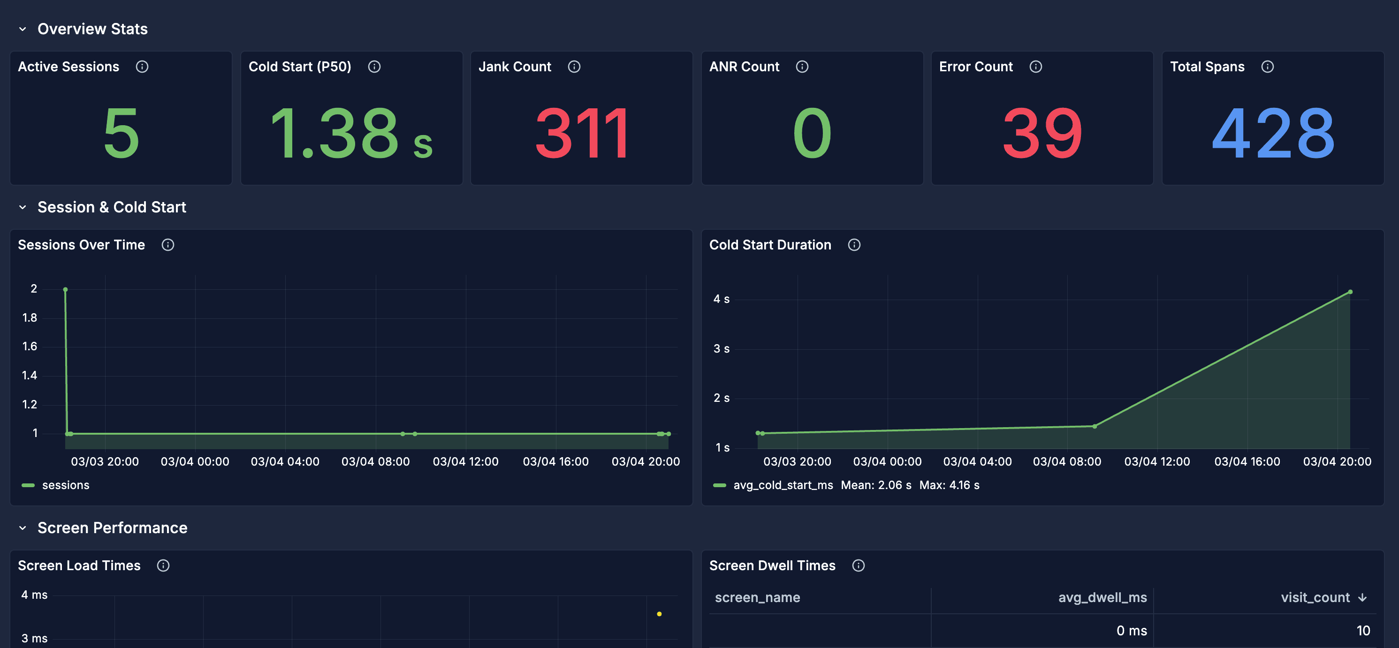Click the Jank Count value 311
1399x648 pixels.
[582, 134]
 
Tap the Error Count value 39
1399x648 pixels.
[1042, 134]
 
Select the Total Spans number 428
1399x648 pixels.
[1272, 134]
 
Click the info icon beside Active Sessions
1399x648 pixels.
[142, 67]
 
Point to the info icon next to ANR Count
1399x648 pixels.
[802, 67]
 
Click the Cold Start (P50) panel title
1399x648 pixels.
[300, 67]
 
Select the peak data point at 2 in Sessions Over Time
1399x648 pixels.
[65, 290]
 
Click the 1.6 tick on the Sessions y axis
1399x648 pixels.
[30, 346]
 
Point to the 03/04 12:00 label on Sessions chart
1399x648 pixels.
[465, 461]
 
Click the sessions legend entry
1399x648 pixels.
[65, 485]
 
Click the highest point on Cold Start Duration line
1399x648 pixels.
[1350, 292]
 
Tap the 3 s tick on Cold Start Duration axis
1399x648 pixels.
[721, 348]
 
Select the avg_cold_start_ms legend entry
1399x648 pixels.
[783, 485]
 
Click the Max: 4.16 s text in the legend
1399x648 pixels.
[950, 485]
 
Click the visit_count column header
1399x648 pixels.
[1315, 597]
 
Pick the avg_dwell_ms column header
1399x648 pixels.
[1102, 597]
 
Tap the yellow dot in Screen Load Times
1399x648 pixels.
[659, 614]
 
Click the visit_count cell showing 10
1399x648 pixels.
[1362, 631]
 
